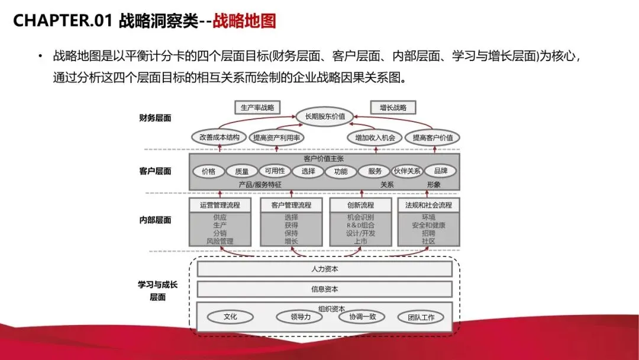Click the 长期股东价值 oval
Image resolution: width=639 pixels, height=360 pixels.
coord(325,116)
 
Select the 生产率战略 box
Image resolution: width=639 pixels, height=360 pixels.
coord(257,108)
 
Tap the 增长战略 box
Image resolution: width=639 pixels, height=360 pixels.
coord(393,108)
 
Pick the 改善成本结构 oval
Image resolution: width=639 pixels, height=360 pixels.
coord(220,137)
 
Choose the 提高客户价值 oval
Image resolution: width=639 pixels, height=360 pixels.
coord(433,137)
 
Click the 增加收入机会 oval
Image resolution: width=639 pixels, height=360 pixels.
coord(375,137)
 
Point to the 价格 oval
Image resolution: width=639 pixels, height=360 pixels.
coord(208,172)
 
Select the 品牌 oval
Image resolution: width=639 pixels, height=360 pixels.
coord(440,171)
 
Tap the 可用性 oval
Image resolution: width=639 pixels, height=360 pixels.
coord(275,171)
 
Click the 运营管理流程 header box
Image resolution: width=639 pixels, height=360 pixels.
coord(220,205)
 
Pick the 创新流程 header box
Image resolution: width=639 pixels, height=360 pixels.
coord(360,205)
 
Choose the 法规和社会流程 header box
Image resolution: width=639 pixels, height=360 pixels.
coord(428,205)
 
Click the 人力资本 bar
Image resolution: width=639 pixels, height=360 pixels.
coord(324,269)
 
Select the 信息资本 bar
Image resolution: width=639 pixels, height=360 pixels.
coord(324,289)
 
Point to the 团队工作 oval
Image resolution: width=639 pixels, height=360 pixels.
coord(421,317)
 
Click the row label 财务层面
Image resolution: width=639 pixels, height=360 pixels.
coord(155,118)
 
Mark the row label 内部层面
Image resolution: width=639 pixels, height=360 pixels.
coord(155,220)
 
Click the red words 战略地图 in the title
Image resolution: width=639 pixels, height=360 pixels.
coord(244,21)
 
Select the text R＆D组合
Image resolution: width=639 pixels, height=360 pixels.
coord(360,225)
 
